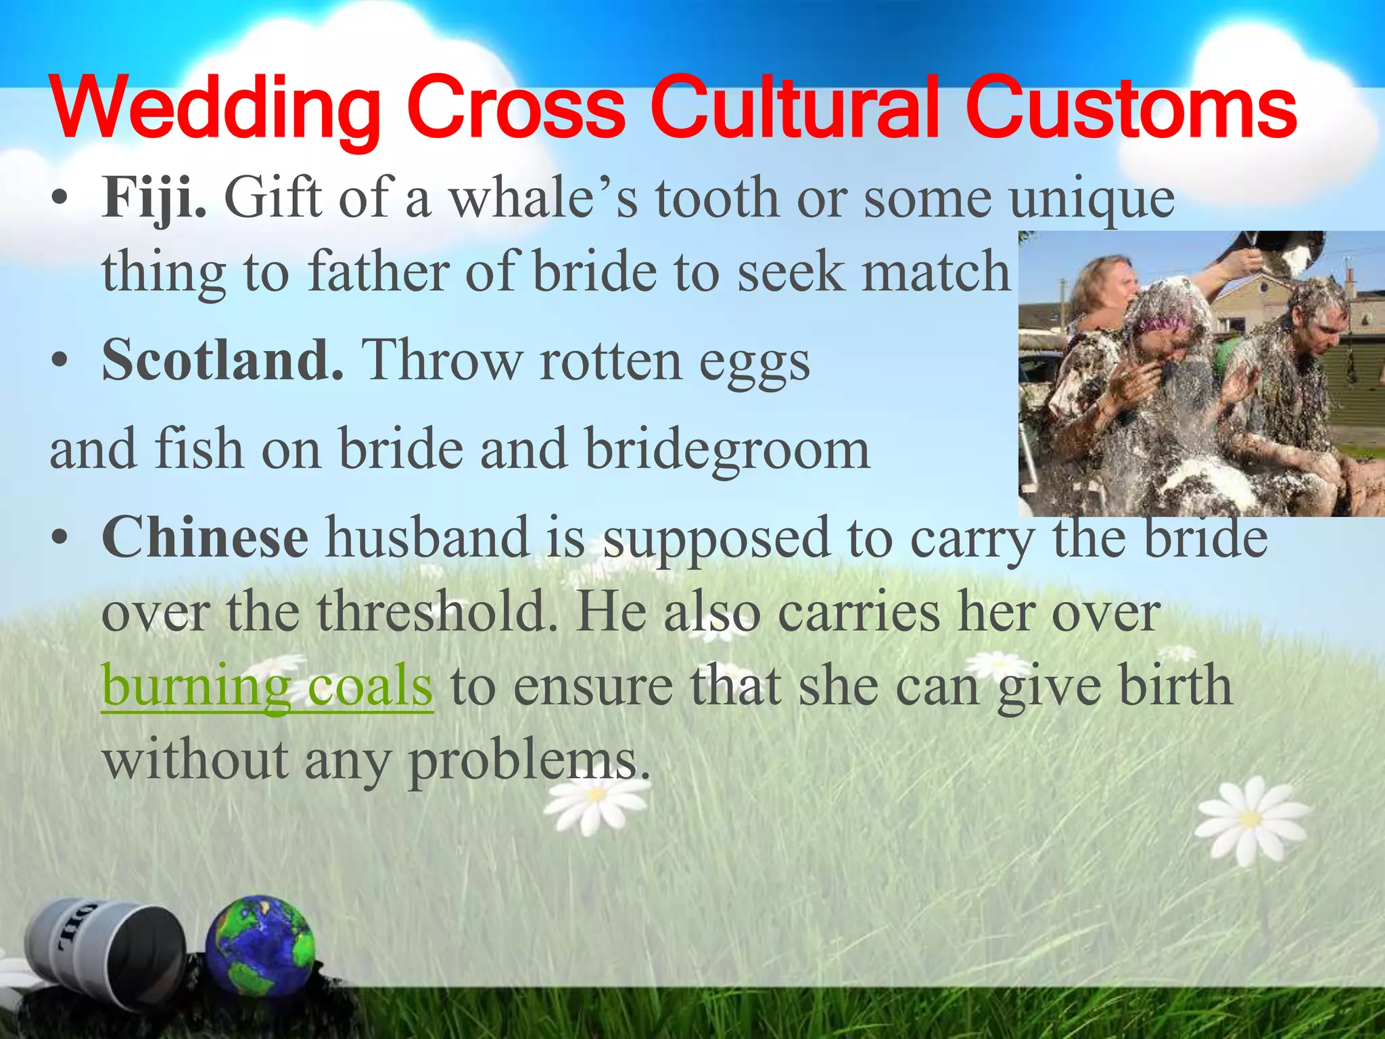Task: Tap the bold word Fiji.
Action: point(154,198)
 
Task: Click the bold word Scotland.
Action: point(222,360)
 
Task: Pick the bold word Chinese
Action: point(205,537)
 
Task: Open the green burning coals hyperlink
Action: point(267,686)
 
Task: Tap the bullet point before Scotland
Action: point(60,360)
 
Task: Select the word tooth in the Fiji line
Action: point(718,198)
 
